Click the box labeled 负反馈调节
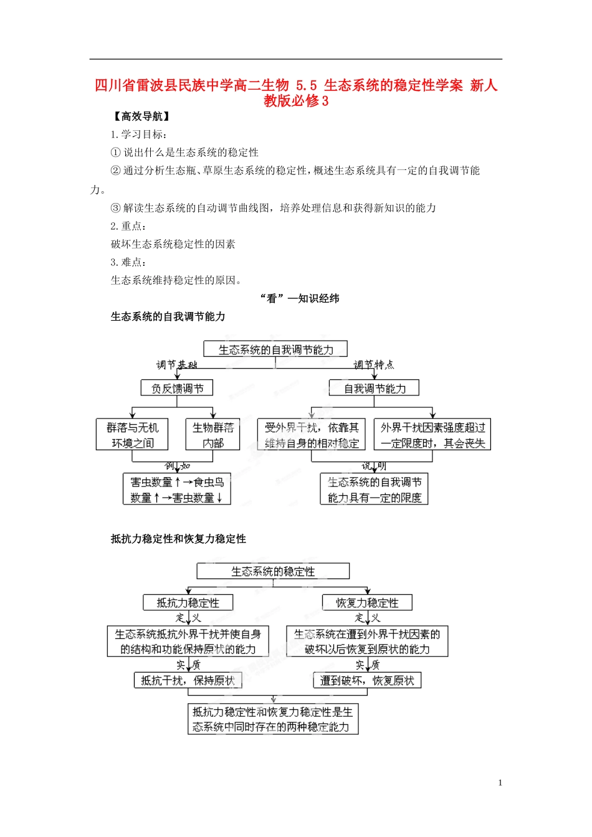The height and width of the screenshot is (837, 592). pyautogui.click(x=177, y=388)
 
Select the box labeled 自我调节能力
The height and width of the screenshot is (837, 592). pyautogui.click(x=374, y=388)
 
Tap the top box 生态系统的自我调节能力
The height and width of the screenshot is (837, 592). pyautogui.click(x=275, y=349)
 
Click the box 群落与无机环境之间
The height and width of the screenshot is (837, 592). pyautogui.click(x=132, y=435)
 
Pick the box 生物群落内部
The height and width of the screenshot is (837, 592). pyautogui.click(x=212, y=435)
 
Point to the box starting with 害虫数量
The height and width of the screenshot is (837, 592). pyautogui.click(x=177, y=489)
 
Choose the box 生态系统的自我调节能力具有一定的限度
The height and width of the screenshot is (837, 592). pyautogui.click(x=374, y=489)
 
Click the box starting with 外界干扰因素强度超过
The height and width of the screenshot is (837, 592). pyautogui.click(x=432, y=435)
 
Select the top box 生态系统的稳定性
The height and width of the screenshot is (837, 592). pyautogui.click(x=273, y=571)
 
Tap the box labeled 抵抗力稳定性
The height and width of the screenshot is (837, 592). pyautogui.click(x=188, y=602)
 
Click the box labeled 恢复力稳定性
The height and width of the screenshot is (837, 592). pyautogui.click(x=367, y=602)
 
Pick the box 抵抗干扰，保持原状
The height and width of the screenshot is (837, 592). pyautogui.click(x=188, y=680)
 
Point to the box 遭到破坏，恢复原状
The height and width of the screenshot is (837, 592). pyautogui.click(x=367, y=680)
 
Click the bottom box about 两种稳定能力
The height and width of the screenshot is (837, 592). pyautogui.click(x=273, y=719)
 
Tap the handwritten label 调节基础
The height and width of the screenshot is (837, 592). pyautogui.click(x=176, y=365)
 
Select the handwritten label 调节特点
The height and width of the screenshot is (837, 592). pyautogui.click(x=373, y=365)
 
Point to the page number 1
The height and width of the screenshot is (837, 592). pyautogui.click(x=500, y=783)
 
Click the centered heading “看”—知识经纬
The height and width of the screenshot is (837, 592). pyautogui.click(x=300, y=298)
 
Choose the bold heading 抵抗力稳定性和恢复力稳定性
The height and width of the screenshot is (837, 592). pyautogui.click(x=178, y=539)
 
